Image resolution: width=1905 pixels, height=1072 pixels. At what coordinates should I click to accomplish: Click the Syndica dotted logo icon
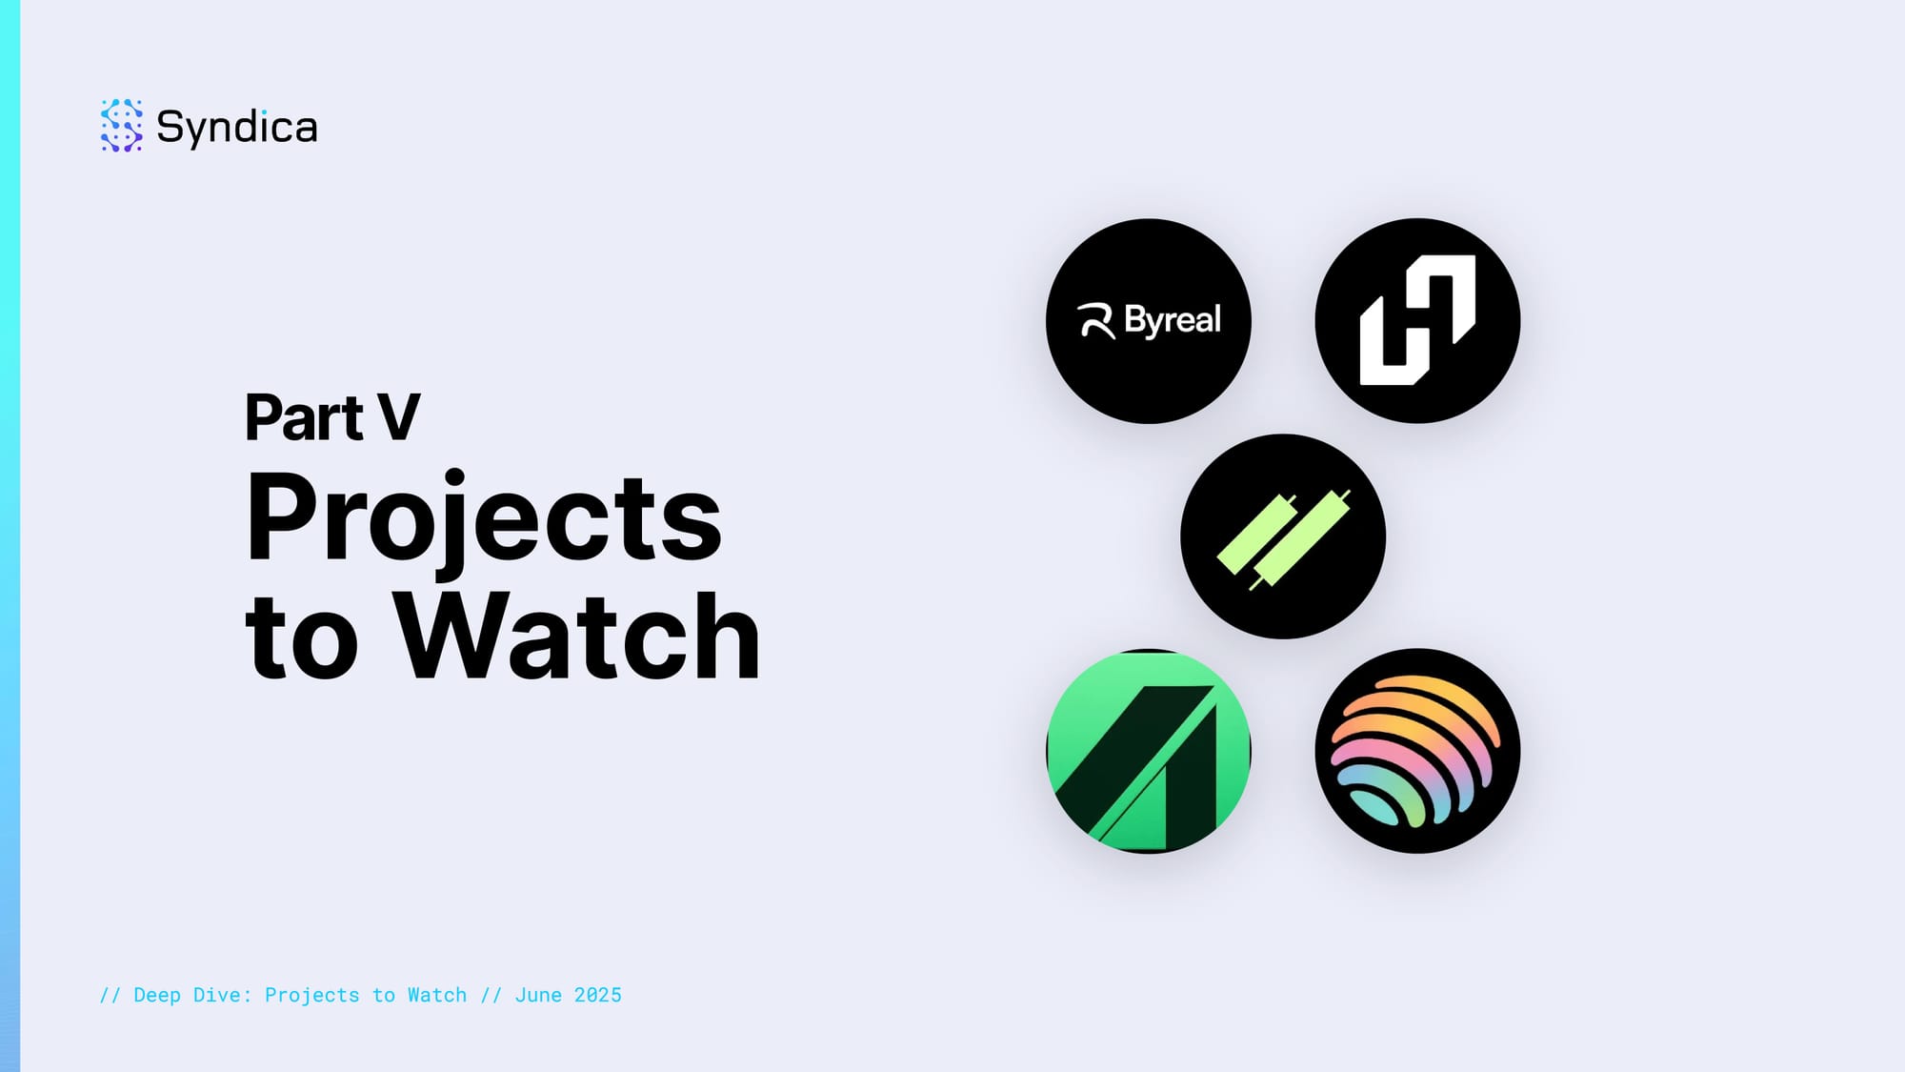pyautogui.click(x=121, y=125)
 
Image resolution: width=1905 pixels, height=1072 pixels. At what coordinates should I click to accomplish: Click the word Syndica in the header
pyautogui.click(x=236, y=128)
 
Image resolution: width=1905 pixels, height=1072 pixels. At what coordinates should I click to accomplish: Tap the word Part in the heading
pyautogui.click(x=304, y=417)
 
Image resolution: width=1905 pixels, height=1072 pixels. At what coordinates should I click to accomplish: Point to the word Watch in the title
pyautogui.click(x=577, y=636)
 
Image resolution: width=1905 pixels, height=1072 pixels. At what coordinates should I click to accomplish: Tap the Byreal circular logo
pyautogui.click(x=1149, y=321)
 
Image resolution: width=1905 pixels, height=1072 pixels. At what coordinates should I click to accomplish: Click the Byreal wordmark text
pyautogui.click(x=1173, y=320)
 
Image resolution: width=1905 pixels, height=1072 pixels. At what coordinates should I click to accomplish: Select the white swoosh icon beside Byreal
pyautogui.click(x=1095, y=321)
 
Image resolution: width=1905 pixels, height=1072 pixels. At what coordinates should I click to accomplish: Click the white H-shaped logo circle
pyautogui.click(x=1417, y=321)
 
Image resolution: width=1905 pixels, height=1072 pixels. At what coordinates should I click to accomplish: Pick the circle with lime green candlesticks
pyautogui.click(x=1283, y=536)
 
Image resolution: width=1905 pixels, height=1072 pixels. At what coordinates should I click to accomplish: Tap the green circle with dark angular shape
pyautogui.click(x=1149, y=751)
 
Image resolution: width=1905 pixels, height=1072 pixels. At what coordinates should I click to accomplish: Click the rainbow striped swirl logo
pyautogui.click(x=1417, y=751)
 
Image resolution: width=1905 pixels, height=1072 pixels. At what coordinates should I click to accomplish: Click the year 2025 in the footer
pyautogui.click(x=597, y=995)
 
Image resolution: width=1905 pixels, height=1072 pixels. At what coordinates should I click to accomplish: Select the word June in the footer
pyautogui.click(x=538, y=995)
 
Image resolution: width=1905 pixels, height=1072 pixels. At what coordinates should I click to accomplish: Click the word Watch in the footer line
pyautogui.click(x=437, y=995)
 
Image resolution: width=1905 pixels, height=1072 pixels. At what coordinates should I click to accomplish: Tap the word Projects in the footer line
pyautogui.click(x=311, y=995)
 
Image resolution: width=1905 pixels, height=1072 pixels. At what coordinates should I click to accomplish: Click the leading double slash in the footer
pyautogui.click(x=110, y=995)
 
